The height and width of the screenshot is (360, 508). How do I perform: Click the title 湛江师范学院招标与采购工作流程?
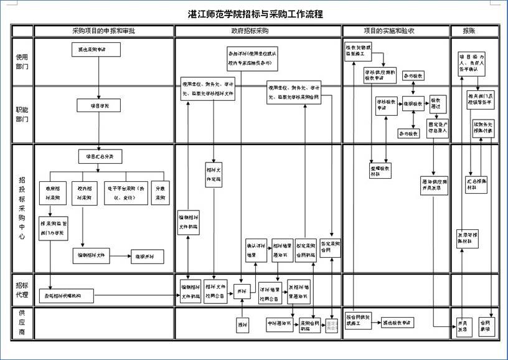tap(255, 14)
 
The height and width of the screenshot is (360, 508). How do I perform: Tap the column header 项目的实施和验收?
tap(396, 31)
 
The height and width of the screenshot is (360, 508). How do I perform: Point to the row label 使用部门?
tap(22, 62)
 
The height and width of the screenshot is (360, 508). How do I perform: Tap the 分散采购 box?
tap(161, 194)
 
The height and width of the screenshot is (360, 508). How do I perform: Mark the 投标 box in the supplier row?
tap(243, 324)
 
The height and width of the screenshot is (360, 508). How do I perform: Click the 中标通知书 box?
tap(281, 324)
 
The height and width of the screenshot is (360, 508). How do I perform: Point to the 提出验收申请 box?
tap(397, 323)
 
